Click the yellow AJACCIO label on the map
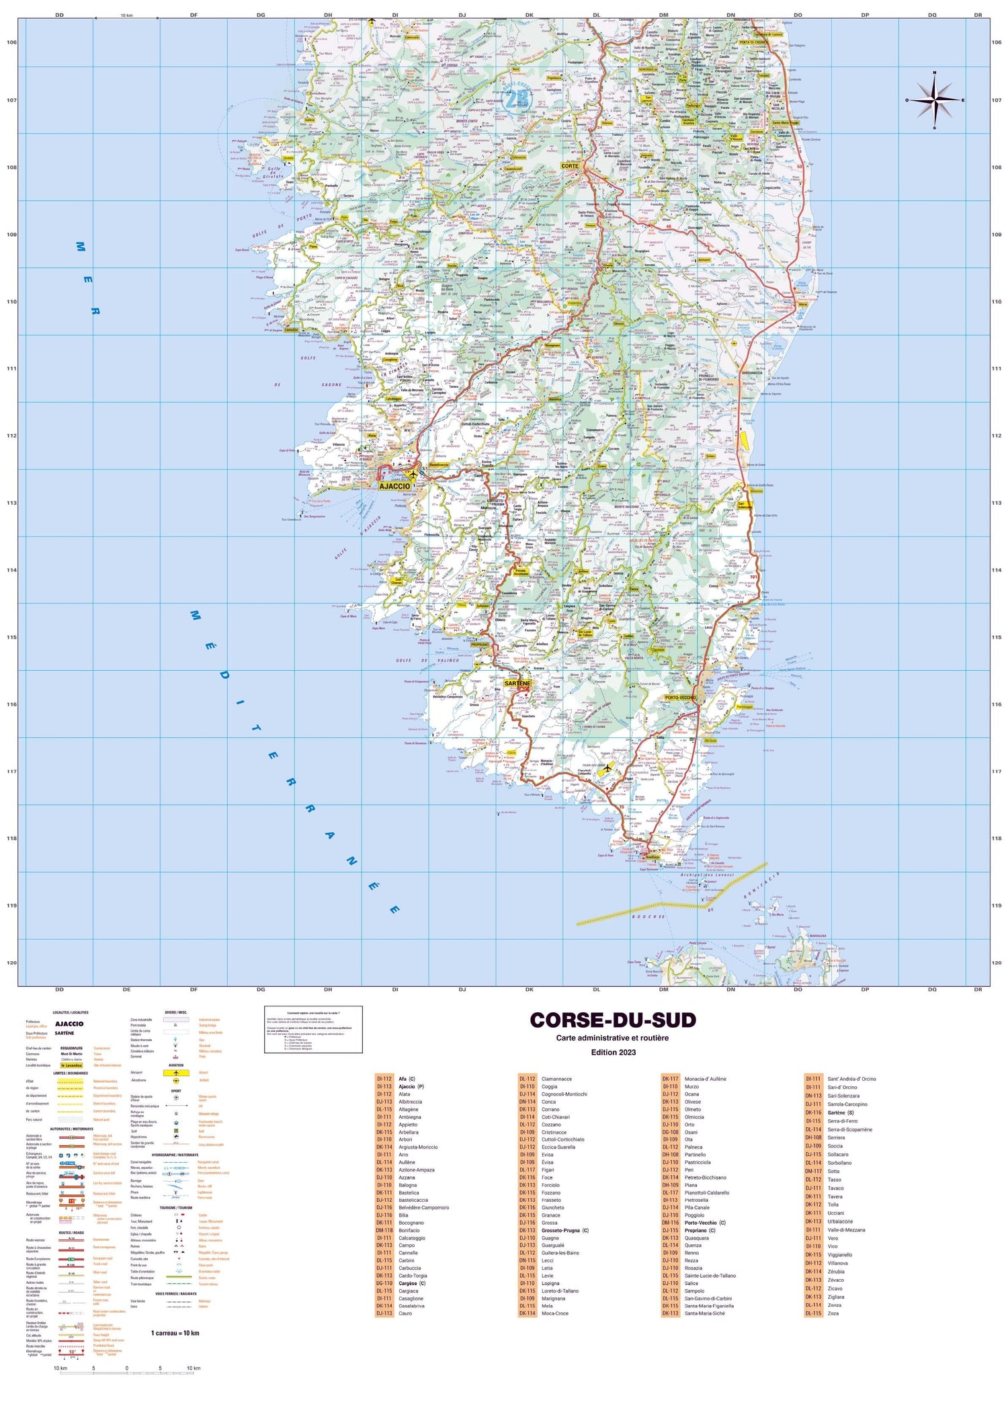394,486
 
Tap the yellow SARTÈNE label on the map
517,683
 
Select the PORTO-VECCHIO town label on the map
680,698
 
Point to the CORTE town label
570,165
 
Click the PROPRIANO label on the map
480,645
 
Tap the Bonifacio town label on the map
653,857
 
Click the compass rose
935,100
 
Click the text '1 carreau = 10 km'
175,1332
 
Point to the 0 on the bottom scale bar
127,1368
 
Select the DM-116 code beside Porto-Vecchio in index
670,1223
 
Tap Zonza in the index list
834,1305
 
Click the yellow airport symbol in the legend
176,1073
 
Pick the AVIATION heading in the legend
176,1065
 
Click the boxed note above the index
313,1029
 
